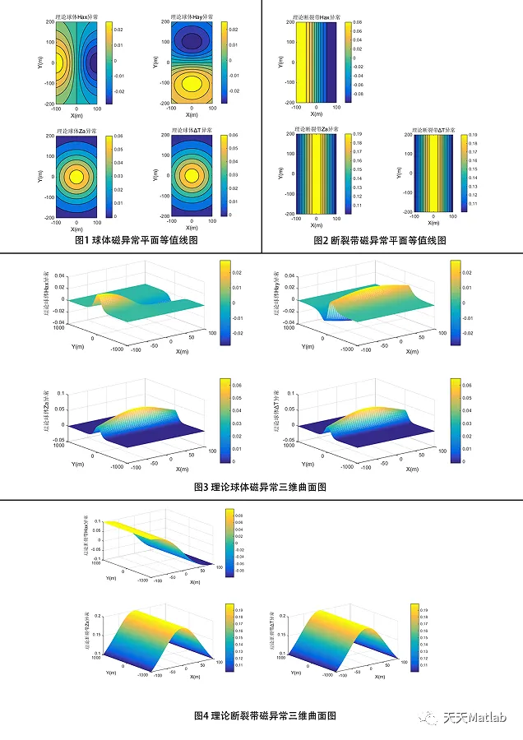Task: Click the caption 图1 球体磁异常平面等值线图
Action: pyautogui.click(x=136, y=240)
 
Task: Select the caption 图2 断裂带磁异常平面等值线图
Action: pyautogui.click(x=380, y=240)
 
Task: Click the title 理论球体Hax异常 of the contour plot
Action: pyautogui.click(x=77, y=16)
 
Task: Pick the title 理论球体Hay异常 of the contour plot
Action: pyautogui.click(x=192, y=16)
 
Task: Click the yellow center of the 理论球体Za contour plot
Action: pyautogui.click(x=76, y=175)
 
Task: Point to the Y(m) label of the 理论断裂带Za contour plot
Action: pyautogui.click(x=284, y=171)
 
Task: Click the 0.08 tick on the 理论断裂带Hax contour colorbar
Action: pyautogui.click(x=359, y=25)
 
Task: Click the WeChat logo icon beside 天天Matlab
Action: pyautogui.click(x=430, y=718)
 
